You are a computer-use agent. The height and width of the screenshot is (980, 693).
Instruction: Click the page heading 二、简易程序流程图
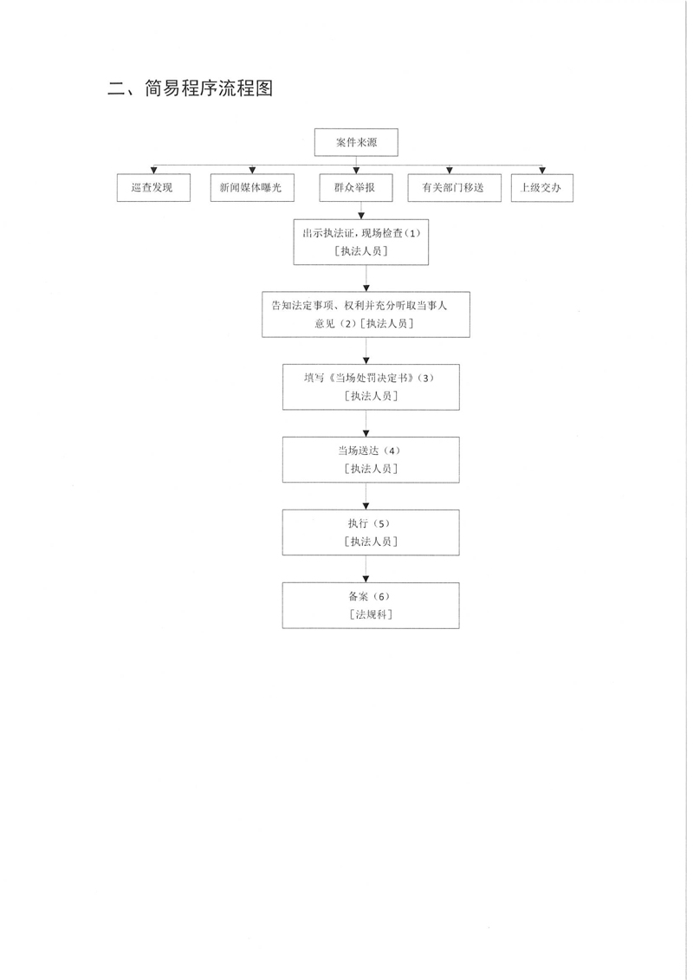tap(190, 88)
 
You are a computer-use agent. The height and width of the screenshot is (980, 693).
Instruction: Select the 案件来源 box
tap(356, 142)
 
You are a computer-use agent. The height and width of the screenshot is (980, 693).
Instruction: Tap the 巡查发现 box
tap(153, 187)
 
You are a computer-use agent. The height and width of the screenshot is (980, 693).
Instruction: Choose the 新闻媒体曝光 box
tap(252, 187)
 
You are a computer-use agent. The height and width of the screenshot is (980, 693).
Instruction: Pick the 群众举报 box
tap(356, 187)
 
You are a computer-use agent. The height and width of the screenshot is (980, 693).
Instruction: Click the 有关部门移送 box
tap(454, 187)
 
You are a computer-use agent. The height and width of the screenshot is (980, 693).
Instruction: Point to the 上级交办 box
tap(541, 187)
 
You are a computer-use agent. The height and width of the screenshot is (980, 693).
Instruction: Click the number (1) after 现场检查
tap(413, 233)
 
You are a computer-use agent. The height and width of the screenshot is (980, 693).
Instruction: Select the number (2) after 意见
tap(347, 324)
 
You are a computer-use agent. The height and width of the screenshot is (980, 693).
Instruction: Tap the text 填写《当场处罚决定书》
tap(359, 378)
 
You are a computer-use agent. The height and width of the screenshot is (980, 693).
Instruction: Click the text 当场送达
tap(358, 451)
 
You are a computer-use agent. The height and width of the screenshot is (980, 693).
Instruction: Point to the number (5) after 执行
tap(380, 523)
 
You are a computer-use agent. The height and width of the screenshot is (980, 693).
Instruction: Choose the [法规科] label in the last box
tap(371, 614)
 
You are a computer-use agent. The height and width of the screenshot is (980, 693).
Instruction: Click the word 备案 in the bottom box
tap(359, 596)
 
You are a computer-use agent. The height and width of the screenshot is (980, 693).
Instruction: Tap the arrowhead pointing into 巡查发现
tap(153, 171)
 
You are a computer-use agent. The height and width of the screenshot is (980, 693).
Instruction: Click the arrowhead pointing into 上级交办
tap(542, 171)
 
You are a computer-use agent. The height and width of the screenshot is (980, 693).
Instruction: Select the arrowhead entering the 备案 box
tap(366, 579)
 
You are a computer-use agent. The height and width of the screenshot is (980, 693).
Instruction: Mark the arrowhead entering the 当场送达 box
tap(366, 433)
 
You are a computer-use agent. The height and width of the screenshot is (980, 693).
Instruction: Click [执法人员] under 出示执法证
tap(361, 251)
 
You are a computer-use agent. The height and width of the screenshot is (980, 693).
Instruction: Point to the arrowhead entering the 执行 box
tap(366, 506)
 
